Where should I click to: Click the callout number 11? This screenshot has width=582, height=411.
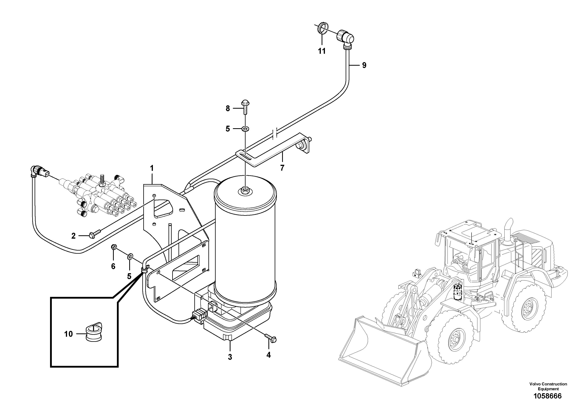(x=322, y=51)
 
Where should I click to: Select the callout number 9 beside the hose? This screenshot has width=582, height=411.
(x=364, y=65)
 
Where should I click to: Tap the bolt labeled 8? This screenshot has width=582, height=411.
(x=245, y=107)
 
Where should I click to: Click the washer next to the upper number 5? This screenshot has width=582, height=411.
(x=245, y=129)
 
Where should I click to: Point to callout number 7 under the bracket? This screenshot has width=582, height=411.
(x=282, y=168)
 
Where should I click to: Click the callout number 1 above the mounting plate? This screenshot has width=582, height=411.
(x=152, y=168)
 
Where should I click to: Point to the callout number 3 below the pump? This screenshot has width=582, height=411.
(x=230, y=357)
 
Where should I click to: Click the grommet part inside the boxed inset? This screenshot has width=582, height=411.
(x=93, y=332)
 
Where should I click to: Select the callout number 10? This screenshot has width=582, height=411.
(x=68, y=334)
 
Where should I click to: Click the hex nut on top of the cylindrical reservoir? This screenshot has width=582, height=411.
(x=245, y=189)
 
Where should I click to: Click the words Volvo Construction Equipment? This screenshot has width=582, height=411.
(x=548, y=386)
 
